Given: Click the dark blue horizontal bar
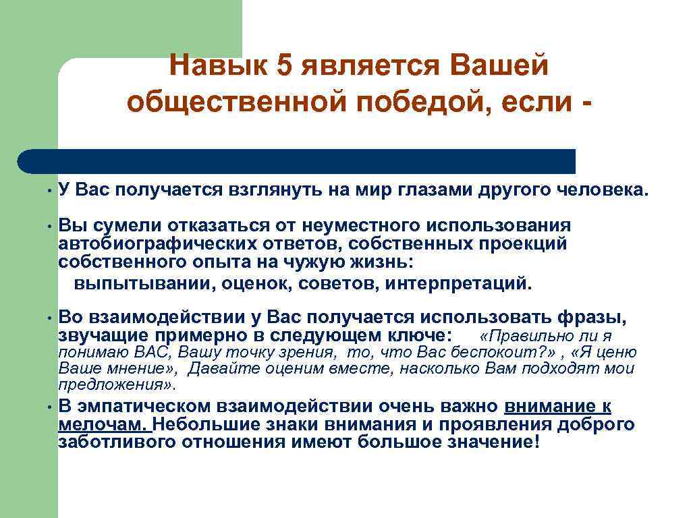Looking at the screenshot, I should tap(297, 161).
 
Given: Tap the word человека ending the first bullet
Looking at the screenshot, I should tap(601, 191).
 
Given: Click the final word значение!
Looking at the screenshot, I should tap(495, 442).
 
